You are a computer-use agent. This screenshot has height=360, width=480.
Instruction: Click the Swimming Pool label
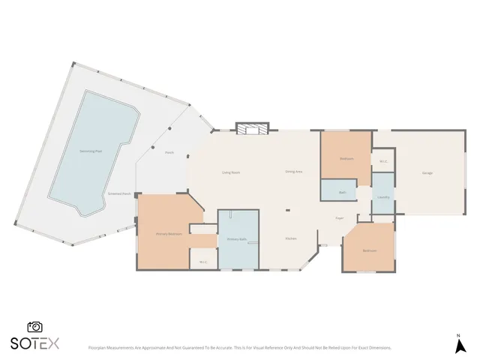[91, 151]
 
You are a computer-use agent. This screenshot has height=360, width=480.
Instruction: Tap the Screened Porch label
[120, 193]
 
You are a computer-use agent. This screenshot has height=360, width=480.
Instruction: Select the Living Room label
[230, 172]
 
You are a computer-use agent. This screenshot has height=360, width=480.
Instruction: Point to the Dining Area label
[293, 172]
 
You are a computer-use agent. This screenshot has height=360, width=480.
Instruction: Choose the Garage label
[427, 173]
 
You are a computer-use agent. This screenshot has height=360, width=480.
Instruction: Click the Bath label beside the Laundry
[342, 192]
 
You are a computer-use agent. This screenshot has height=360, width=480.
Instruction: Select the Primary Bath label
[237, 239]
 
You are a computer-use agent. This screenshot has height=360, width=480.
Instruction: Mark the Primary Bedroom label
[169, 234]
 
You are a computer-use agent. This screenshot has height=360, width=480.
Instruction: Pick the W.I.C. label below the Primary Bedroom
[202, 261]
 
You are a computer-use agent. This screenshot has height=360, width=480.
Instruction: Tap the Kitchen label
[290, 238]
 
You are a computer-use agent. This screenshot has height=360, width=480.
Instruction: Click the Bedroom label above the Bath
[346, 158]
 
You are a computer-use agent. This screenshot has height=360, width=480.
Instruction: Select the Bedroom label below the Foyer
[368, 250]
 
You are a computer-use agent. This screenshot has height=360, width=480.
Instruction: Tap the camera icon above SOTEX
[34, 327]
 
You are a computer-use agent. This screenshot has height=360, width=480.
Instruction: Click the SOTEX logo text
[34, 343]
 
